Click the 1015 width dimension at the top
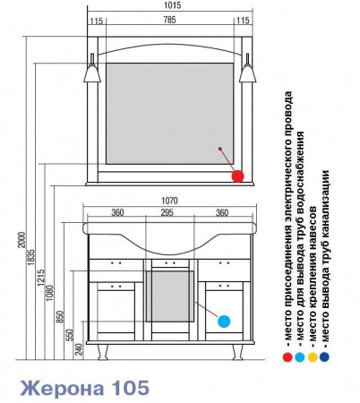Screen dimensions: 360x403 [x=172, y=5]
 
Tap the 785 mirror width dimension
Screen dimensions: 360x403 [x=169, y=20]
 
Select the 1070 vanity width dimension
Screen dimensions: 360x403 [x=169, y=201]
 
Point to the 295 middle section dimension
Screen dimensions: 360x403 [x=167, y=212]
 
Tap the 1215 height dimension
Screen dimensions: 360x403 [x=41, y=278]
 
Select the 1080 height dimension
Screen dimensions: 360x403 [x=49, y=293]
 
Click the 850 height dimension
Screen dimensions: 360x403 [x=60, y=317]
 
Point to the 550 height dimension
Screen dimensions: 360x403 [x=70, y=335]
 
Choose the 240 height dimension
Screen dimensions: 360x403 [x=79, y=350]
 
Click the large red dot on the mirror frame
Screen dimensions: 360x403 [x=237, y=176]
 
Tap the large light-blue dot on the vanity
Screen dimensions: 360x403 [x=224, y=322]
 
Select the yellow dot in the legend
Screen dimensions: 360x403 [x=313, y=357]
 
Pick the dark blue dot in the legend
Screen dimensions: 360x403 [x=324, y=357]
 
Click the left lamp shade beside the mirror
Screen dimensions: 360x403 [x=92, y=73]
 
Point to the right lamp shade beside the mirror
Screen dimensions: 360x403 [x=247, y=73]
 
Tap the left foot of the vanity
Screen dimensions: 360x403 [x=102, y=352]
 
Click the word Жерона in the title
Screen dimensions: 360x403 [x=62, y=388]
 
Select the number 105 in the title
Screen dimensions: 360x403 [x=130, y=388]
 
